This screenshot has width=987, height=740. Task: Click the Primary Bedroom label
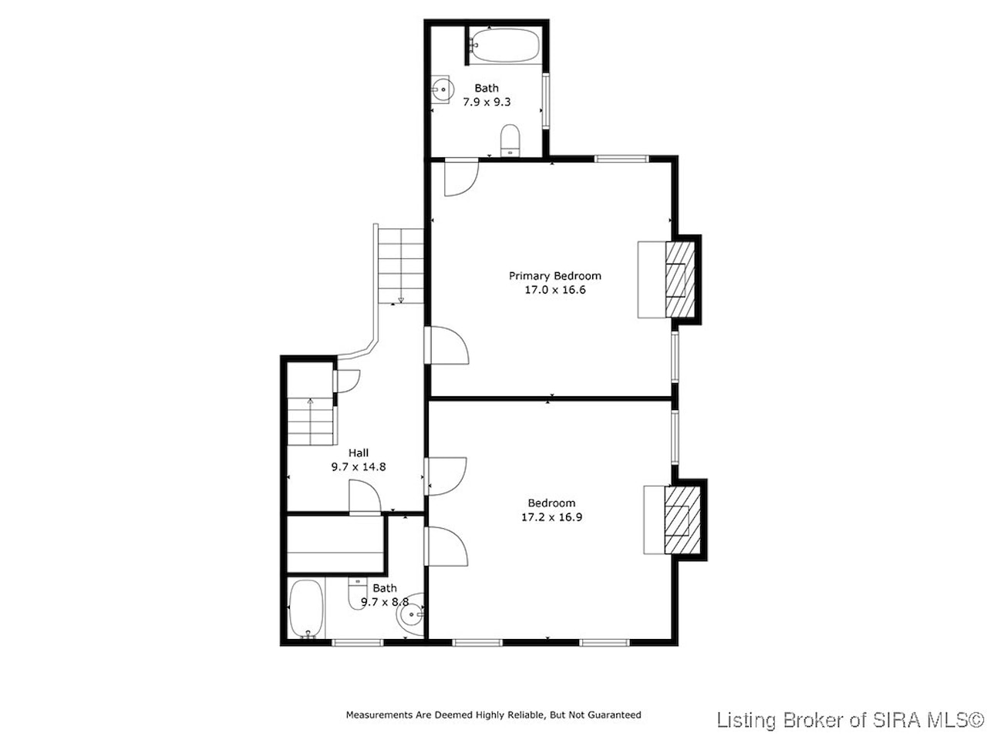(x=554, y=276)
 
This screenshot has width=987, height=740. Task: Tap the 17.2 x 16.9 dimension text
(x=551, y=517)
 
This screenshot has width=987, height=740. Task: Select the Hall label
(x=359, y=453)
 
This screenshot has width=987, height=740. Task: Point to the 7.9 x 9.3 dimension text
(x=487, y=102)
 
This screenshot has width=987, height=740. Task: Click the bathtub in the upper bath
(x=504, y=45)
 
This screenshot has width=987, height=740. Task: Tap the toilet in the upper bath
(x=510, y=140)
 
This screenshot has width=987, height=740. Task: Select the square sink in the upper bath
(x=440, y=89)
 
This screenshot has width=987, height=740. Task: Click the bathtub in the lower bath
(x=306, y=608)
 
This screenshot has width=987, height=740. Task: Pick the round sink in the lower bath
(x=410, y=614)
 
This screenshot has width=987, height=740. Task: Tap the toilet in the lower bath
(x=358, y=593)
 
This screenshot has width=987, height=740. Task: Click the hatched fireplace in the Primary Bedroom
(x=680, y=280)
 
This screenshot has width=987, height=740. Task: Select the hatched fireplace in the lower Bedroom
(x=682, y=520)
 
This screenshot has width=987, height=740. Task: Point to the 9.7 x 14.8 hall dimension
(x=359, y=467)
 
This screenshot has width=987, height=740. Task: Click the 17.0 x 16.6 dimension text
(x=555, y=290)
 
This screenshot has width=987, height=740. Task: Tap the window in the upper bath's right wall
(x=546, y=101)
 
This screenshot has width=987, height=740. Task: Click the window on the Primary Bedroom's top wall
(x=622, y=159)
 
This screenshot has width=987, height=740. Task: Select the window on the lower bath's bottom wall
(x=358, y=643)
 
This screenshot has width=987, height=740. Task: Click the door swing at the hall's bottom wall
(x=365, y=496)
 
